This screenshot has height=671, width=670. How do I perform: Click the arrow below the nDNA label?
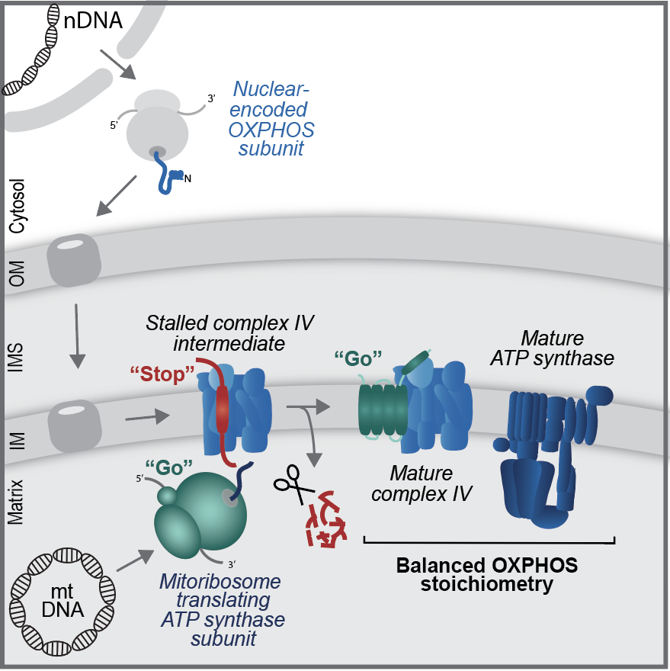coord(120,66)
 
